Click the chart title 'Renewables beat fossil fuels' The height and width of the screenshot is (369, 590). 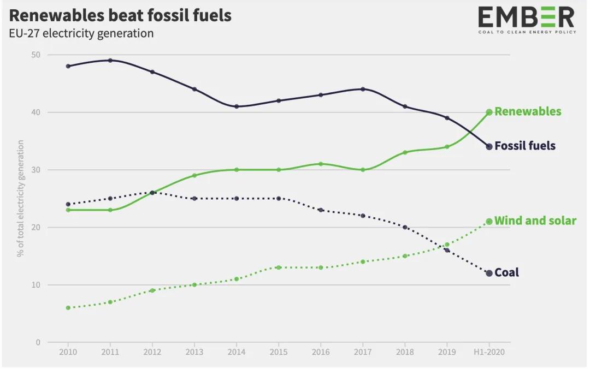point(120,15)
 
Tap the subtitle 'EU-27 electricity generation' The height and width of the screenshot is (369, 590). point(81,33)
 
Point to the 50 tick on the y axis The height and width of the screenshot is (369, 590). point(37,55)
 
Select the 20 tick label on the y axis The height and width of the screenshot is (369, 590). point(37,228)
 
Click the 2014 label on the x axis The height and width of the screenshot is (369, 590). point(237,352)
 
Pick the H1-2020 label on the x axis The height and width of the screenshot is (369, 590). point(489,352)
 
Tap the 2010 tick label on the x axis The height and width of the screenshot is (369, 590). point(68,352)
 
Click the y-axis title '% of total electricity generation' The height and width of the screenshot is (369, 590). point(21,198)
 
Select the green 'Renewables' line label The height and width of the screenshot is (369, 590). point(528,111)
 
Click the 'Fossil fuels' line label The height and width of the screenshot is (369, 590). point(525,146)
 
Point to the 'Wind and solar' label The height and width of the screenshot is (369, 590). point(535,221)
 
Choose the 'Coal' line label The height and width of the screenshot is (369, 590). point(506,272)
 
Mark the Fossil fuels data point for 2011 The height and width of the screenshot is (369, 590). point(110,61)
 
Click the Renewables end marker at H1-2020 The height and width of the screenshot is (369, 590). point(489,112)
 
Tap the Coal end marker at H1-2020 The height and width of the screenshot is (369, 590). point(489,273)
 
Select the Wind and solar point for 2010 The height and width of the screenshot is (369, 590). point(68,308)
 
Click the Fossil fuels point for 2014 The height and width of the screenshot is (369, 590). point(237,106)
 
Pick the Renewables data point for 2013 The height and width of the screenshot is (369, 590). point(194,175)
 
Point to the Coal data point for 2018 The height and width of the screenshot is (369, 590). point(405,227)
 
